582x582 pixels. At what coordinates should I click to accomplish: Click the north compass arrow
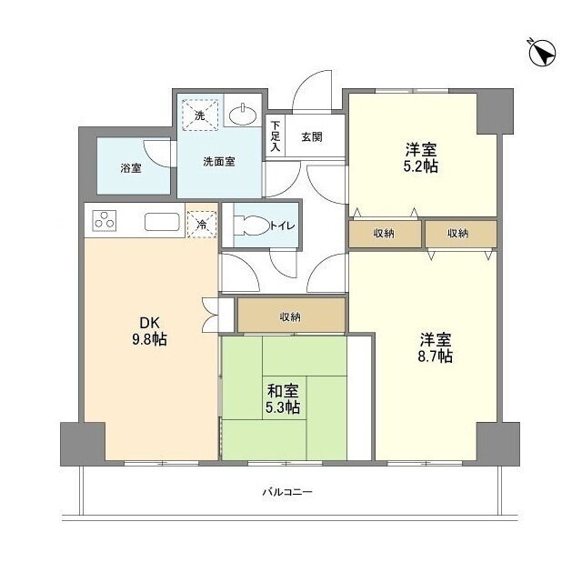click(x=542, y=54)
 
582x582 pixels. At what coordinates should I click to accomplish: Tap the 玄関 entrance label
click(x=311, y=137)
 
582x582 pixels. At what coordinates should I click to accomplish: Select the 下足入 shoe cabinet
click(x=276, y=135)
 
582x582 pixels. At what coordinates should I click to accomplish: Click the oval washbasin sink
click(x=243, y=115)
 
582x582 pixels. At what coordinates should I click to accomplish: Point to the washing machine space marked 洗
click(x=200, y=115)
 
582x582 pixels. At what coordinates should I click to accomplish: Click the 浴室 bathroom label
click(x=131, y=168)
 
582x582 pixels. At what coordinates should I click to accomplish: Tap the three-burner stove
click(x=104, y=220)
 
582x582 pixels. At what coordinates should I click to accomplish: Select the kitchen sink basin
click(x=162, y=222)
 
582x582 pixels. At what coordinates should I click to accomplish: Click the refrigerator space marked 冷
click(x=202, y=225)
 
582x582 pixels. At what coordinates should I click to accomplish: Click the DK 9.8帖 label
click(x=149, y=331)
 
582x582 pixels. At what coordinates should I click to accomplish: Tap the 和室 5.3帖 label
click(x=283, y=399)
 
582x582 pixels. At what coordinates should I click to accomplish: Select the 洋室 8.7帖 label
click(x=436, y=347)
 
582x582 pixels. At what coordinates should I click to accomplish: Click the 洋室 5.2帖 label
click(x=421, y=158)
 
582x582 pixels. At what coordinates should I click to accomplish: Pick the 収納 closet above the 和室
click(x=291, y=316)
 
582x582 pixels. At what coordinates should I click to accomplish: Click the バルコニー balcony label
click(x=287, y=492)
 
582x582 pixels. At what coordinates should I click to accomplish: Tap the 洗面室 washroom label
click(x=219, y=162)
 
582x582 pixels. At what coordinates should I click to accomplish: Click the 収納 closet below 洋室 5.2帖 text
click(x=385, y=234)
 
